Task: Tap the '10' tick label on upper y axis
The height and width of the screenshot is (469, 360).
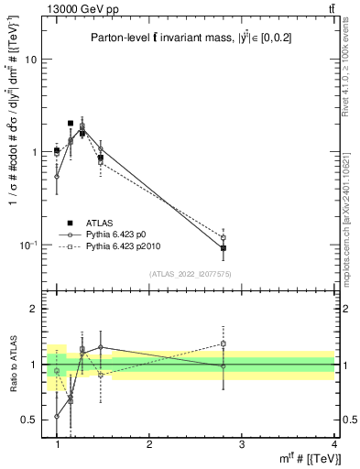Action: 31,60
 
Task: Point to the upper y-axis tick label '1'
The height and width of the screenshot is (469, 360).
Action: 35,152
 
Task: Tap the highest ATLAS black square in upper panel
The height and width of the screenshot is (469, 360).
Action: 71,123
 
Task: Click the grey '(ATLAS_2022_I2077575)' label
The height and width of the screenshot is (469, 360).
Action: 191,273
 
